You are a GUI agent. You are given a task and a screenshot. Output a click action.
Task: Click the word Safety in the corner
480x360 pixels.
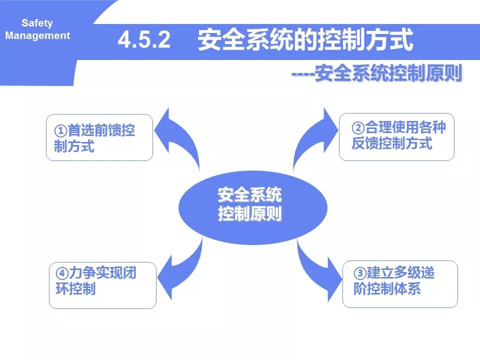tap(37, 23)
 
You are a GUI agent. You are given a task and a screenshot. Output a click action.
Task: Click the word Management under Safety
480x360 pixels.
tap(37, 35)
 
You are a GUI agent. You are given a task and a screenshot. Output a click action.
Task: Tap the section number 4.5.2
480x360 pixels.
tap(144, 40)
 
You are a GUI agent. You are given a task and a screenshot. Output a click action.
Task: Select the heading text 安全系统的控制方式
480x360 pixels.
tap(305, 40)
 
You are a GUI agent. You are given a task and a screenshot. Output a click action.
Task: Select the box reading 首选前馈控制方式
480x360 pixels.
tap(99, 137)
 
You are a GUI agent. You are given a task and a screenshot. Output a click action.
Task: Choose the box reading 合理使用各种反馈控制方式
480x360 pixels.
tap(396, 136)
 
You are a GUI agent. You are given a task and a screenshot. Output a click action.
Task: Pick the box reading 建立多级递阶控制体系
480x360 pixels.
tap(399, 283)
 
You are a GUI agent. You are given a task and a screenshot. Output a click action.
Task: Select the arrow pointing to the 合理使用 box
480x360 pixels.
tap(312, 137)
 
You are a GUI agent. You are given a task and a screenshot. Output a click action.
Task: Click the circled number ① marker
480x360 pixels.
tap(60, 131)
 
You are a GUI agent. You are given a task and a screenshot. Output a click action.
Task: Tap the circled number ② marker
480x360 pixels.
tap(358, 127)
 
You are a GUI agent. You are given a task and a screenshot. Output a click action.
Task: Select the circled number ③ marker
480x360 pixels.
tap(360, 273)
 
